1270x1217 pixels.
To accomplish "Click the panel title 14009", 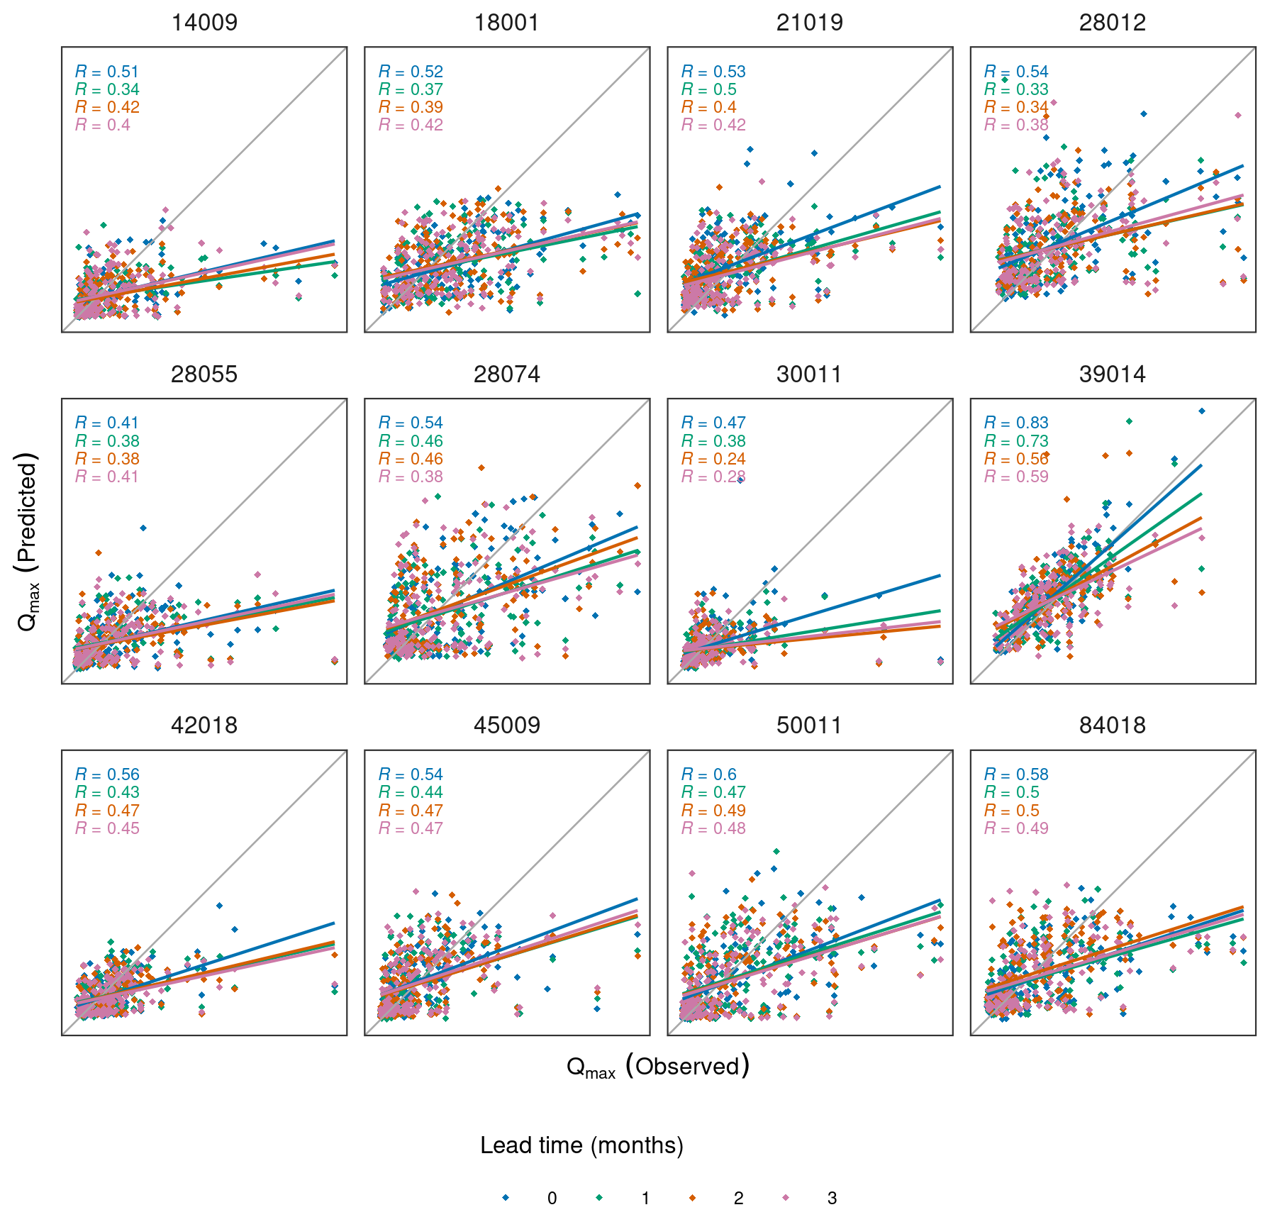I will point(204,23).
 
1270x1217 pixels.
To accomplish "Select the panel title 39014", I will point(1112,374).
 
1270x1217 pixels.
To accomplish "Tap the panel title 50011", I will point(809,726).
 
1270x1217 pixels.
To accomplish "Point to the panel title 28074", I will point(506,374).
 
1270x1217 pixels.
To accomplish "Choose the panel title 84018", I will point(1112,726).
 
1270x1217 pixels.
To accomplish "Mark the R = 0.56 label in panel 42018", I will point(107,774).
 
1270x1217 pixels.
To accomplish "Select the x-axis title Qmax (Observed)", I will point(657,1067).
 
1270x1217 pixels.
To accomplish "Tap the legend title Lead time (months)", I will point(581,1145).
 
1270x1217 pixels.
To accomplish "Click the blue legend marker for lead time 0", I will point(506,1198).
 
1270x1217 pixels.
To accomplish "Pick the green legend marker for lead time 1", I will point(599,1198).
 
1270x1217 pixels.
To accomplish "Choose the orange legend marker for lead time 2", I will point(692,1198).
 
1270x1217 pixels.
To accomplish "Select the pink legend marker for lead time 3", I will point(786,1198).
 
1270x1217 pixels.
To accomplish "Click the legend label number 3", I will point(832,1199).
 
